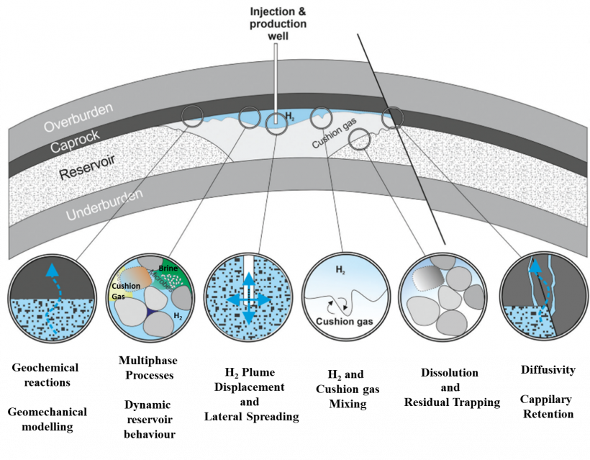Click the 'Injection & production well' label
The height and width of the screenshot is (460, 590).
tap(278, 24)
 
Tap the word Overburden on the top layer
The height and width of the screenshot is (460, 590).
tap(78, 117)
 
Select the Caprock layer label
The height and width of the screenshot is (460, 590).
tap(75, 141)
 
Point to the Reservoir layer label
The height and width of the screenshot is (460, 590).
tap(87, 167)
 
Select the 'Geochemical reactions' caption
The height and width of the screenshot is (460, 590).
tap(45, 375)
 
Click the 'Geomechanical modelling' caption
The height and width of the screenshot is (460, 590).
tap(47, 419)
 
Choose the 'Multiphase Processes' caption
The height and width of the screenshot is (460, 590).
tap(148, 367)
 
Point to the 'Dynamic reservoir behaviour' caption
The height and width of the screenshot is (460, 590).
tap(149, 420)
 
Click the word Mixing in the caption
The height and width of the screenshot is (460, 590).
tap(348, 404)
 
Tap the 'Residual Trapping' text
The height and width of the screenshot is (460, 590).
tap(453, 402)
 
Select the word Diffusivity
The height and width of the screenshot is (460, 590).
tap(548, 370)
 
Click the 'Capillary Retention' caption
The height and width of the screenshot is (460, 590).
tap(548, 407)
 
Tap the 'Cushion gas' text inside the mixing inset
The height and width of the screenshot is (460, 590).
tap(345, 322)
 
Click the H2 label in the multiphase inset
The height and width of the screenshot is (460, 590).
tap(178, 316)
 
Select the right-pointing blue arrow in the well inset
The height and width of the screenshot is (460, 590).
tap(261, 299)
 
